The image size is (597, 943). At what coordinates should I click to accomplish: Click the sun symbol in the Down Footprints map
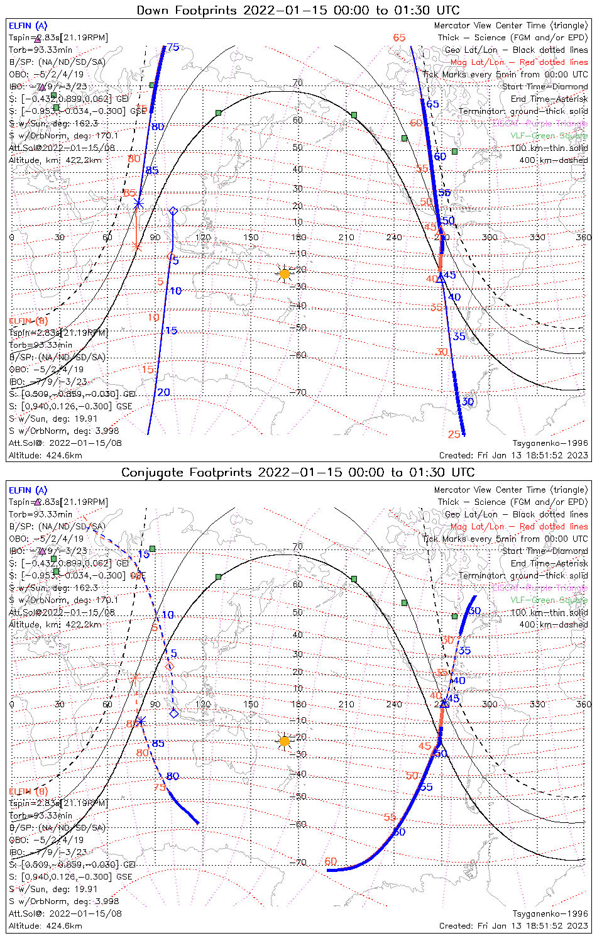click(x=285, y=273)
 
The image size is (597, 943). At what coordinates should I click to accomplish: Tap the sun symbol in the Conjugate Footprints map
click(x=285, y=741)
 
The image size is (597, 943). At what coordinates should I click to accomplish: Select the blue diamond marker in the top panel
click(x=173, y=211)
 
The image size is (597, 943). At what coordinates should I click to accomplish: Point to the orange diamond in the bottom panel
click(x=168, y=666)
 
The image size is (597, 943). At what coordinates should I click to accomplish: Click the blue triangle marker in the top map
click(x=441, y=277)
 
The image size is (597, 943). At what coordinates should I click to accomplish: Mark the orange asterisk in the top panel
click(x=138, y=248)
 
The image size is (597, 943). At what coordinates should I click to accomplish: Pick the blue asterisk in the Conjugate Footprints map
click(x=141, y=720)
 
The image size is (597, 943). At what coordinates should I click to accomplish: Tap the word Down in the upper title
click(x=153, y=10)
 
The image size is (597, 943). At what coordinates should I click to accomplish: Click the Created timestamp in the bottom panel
click(x=513, y=925)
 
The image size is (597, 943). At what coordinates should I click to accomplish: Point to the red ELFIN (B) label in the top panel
click(x=28, y=321)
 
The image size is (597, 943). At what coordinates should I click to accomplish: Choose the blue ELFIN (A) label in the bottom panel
click(x=28, y=490)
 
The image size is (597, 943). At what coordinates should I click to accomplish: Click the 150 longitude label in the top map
click(x=251, y=237)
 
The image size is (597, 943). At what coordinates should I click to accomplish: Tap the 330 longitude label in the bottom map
click(x=537, y=704)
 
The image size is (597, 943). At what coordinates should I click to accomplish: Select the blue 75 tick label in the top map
click(x=173, y=47)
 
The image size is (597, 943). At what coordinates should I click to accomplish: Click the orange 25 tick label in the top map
click(x=454, y=434)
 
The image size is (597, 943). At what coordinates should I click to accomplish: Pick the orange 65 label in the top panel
click(x=399, y=38)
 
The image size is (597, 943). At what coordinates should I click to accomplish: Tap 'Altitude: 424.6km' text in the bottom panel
click(x=45, y=925)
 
